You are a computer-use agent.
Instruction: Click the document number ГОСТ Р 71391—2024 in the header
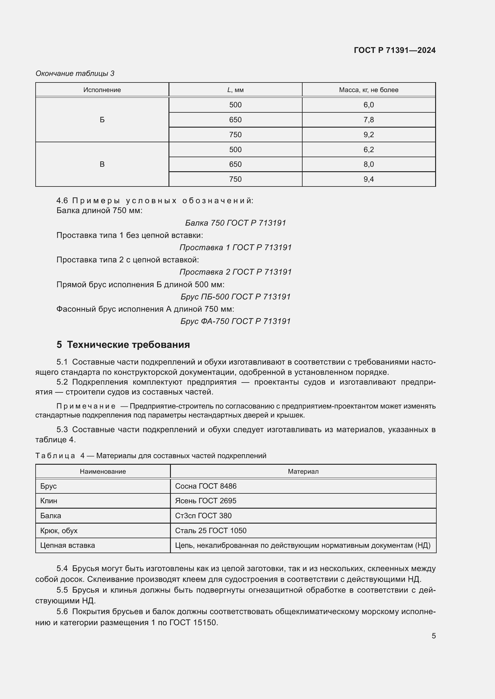394,50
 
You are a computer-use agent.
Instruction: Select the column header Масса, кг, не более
368,90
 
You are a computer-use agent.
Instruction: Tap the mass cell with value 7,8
368,120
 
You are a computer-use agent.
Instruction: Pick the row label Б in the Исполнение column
102,120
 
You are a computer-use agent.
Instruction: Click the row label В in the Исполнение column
102,164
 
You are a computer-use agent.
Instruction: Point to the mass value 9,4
368,179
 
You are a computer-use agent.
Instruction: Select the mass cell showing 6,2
368,149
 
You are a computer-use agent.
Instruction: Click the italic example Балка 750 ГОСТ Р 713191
235,223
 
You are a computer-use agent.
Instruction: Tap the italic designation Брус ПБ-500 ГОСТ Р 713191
235,296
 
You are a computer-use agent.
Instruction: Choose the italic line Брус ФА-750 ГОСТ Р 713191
235,321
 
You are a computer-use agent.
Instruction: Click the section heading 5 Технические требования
123,345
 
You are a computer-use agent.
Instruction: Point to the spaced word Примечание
86,406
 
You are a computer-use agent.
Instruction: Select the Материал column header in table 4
303,472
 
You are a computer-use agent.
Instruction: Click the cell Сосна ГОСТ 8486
206,486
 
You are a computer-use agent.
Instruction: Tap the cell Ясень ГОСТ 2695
206,501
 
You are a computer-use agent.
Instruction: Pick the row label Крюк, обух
59,531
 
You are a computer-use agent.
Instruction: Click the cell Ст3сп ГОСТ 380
203,516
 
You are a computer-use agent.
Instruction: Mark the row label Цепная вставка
67,545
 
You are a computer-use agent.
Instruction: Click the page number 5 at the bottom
433,636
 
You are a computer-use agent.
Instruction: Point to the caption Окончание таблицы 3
75,74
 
